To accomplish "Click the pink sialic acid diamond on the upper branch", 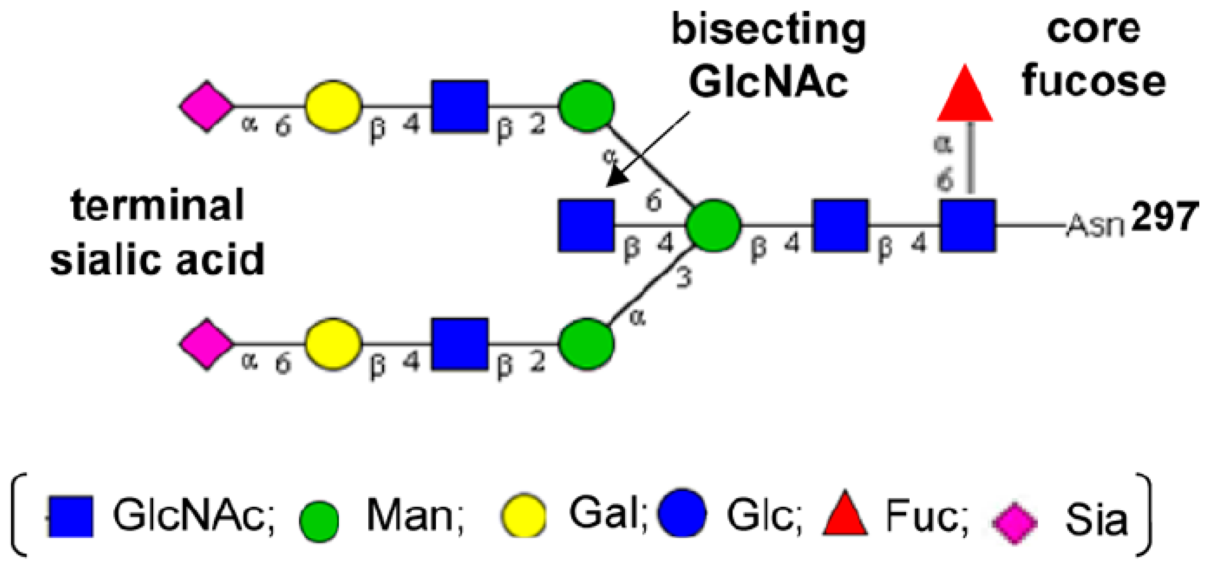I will click(x=206, y=107).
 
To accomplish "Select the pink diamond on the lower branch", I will click(x=206, y=345).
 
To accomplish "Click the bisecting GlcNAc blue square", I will click(x=586, y=225).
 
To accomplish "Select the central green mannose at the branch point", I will click(x=713, y=225).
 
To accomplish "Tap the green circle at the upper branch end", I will click(x=586, y=106).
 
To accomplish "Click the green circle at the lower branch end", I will click(x=586, y=345).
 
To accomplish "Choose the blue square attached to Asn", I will click(x=967, y=225).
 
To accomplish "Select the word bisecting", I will click(x=769, y=30).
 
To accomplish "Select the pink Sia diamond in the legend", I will click(x=1015, y=523).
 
